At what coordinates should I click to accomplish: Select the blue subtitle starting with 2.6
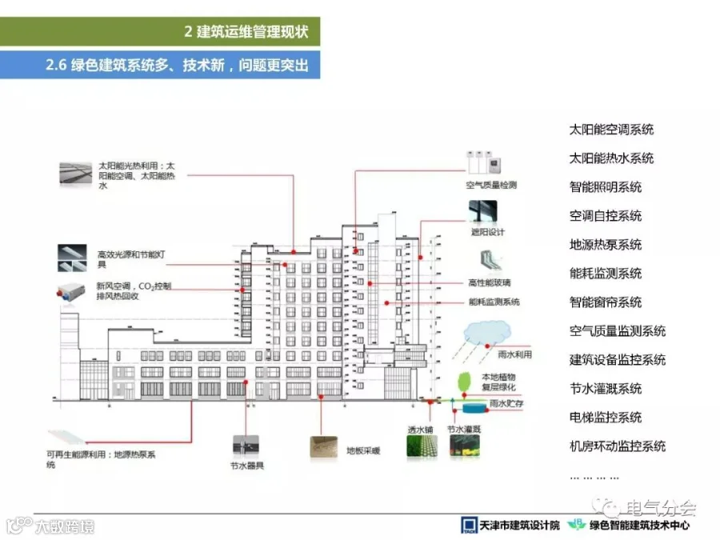177,65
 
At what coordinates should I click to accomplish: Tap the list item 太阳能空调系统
611,130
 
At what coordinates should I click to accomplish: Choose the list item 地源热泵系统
605,245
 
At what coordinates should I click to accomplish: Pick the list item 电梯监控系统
605,418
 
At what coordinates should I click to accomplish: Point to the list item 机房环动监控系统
617,446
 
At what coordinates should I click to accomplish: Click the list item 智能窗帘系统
605,302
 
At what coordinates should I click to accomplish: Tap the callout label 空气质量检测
491,185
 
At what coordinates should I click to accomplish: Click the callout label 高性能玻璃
490,282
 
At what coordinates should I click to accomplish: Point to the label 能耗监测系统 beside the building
494,302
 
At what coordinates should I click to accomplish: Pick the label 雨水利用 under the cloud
514,354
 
